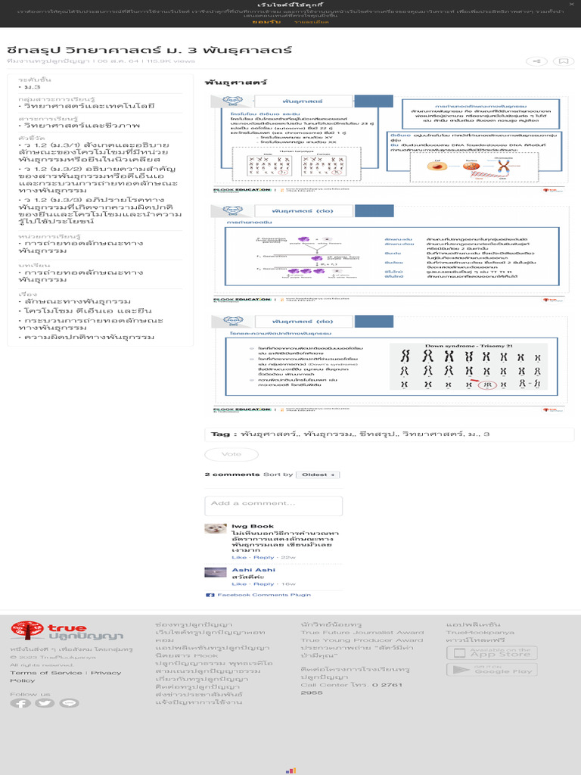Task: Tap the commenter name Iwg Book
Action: pyautogui.click(x=253, y=526)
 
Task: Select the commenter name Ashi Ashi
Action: pyautogui.click(x=253, y=570)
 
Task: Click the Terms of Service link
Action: pyautogui.click(x=46, y=673)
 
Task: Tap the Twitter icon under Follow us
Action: pyautogui.click(x=45, y=703)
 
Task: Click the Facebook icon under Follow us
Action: pyautogui.click(x=20, y=703)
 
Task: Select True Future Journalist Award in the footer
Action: pyautogui.click(x=362, y=633)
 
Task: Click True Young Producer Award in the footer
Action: pyautogui.click(x=362, y=640)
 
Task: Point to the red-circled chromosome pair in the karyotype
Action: pyautogui.click(x=489, y=384)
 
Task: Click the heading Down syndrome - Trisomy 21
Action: pyautogui.click(x=464, y=346)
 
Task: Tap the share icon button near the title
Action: pyautogui.click(x=536, y=61)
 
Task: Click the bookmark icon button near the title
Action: pyautogui.click(x=562, y=61)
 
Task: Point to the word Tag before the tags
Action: pyautogui.click(x=219, y=434)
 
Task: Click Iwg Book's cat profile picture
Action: pyautogui.click(x=216, y=528)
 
